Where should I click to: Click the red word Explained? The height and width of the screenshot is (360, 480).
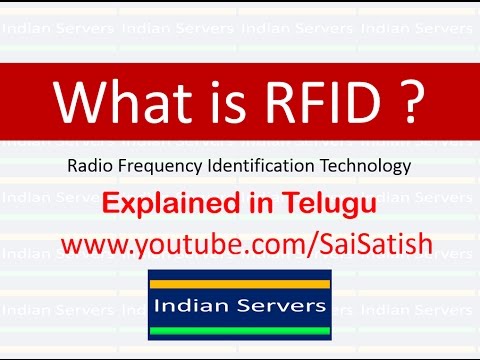click(161, 205)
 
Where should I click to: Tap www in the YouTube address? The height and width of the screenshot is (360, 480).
click(93, 244)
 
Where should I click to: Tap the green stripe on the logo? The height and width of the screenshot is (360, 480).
click(240, 329)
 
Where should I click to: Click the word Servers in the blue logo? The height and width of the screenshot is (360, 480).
click(278, 302)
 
